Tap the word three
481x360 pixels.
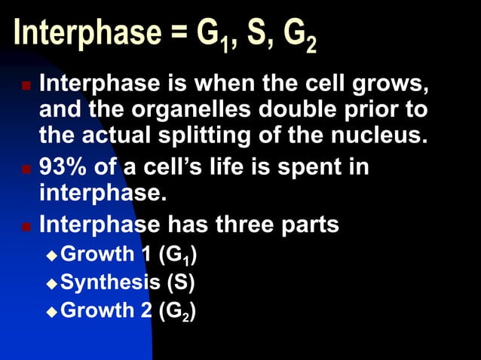pos(250,224)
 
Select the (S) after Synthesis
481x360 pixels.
pos(180,282)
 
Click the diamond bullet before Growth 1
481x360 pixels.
pos(51,255)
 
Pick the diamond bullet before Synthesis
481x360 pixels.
pos(51,283)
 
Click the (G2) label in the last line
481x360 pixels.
pos(177,310)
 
